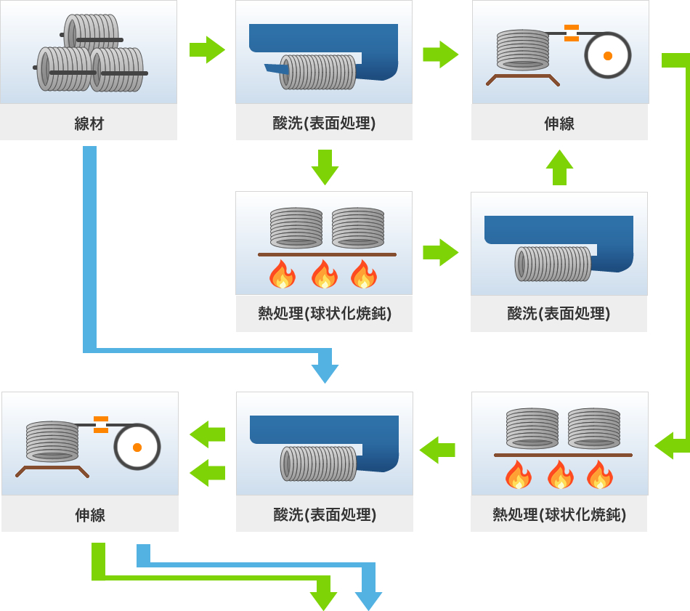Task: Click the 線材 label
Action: pyautogui.click(x=89, y=124)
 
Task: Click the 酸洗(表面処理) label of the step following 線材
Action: pyautogui.click(x=324, y=124)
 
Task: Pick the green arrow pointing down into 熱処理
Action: pyautogui.click(x=325, y=168)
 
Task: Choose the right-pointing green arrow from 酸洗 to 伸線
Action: pyautogui.click(x=440, y=54)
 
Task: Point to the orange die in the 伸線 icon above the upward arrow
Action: pyautogui.click(x=572, y=33)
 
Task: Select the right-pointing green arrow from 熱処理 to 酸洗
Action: pyautogui.click(x=440, y=252)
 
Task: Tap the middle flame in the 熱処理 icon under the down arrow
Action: pyautogui.click(x=324, y=275)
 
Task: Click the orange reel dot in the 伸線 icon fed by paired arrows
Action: pyautogui.click(x=137, y=447)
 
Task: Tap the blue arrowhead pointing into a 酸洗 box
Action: pyautogui.click(x=325, y=373)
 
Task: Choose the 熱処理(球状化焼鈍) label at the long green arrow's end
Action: pyautogui.click(x=559, y=515)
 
